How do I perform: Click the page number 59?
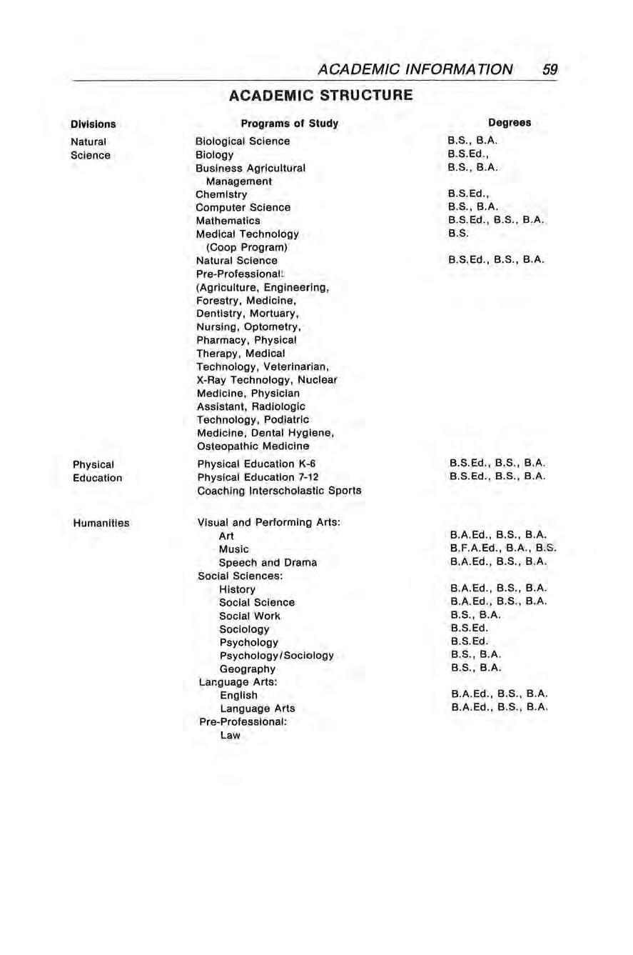(x=549, y=69)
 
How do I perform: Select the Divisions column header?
(x=93, y=124)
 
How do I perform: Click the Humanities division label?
(x=101, y=523)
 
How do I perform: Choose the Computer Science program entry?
(x=243, y=207)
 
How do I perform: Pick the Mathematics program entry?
(x=228, y=221)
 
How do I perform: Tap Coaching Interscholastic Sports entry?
(x=279, y=490)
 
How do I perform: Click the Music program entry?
(x=233, y=549)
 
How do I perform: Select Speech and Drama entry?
(x=268, y=562)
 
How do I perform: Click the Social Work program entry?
(x=249, y=616)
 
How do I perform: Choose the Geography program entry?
(x=247, y=669)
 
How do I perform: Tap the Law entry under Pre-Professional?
(x=230, y=735)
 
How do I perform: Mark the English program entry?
(x=238, y=695)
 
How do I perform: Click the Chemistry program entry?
(x=221, y=194)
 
